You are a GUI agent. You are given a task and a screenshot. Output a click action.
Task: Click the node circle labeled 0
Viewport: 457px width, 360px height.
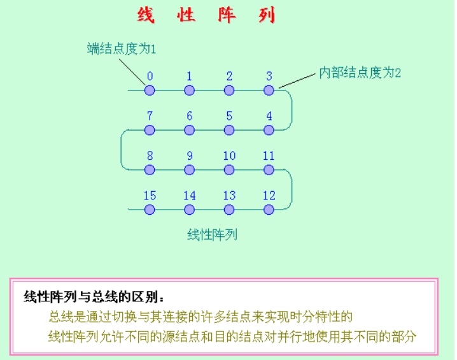click(150, 90)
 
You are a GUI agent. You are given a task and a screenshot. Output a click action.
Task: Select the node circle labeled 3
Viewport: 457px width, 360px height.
click(269, 90)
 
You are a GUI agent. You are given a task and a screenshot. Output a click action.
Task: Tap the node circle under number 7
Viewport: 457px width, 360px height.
click(150, 130)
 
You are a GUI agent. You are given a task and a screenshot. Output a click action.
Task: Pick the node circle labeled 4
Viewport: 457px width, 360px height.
click(269, 130)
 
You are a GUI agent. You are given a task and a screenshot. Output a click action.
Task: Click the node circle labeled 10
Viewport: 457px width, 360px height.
click(229, 169)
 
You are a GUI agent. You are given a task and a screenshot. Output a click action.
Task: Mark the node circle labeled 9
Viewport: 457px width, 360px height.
click(189, 169)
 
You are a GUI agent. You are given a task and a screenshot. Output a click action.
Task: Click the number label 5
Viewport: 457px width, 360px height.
click(229, 117)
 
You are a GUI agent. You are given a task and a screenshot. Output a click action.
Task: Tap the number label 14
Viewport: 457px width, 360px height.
click(189, 196)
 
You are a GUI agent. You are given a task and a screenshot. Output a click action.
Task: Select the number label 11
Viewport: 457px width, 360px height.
click(269, 156)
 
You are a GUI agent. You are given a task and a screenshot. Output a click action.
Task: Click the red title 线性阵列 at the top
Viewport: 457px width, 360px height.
click(206, 15)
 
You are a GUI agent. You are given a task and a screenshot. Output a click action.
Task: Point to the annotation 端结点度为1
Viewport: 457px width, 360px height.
click(121, 48)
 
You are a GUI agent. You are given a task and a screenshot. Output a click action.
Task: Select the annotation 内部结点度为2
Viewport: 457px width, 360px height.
click(360, 73)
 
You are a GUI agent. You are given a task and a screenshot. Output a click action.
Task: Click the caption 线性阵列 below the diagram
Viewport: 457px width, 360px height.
click(212, 234)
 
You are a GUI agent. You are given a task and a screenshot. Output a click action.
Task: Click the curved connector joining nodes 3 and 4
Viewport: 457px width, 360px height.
click(292, 110)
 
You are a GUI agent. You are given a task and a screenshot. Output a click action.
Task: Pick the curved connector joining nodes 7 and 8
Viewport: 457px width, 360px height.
click(122, 150)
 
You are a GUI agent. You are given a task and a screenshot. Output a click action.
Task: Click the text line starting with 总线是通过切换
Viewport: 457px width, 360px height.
click(200, 317)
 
